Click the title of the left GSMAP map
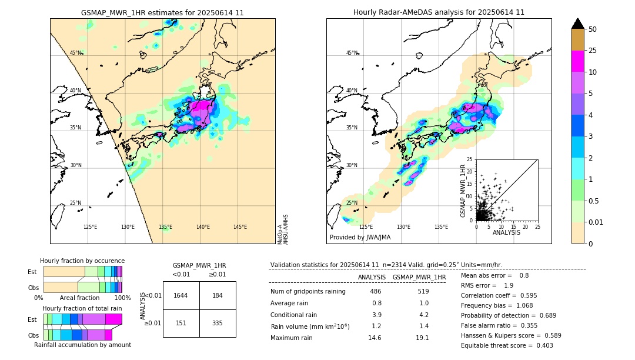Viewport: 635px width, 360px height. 162,12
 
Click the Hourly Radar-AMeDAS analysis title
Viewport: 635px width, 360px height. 439,12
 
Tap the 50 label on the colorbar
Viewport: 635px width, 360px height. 593,29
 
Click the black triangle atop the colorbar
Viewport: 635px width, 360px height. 578,24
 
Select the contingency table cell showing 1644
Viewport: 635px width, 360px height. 181,295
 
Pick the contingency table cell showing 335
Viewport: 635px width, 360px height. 218,323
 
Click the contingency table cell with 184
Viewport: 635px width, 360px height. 218,295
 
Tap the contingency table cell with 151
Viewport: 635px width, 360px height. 181,323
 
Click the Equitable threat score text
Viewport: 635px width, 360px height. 507,345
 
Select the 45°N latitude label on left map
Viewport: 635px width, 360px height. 76,53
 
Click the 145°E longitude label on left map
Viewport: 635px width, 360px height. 240,227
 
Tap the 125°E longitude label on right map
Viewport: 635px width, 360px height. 366,227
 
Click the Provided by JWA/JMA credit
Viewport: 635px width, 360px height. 360,237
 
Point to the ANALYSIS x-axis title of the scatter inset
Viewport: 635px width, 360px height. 506,232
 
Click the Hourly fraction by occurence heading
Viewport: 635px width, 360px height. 82,261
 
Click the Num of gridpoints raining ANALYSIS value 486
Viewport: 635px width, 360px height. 375,292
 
